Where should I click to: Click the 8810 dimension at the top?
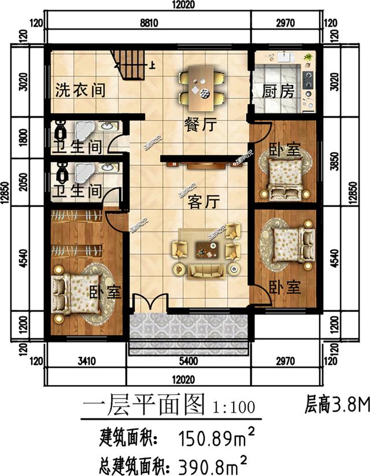(149, 23)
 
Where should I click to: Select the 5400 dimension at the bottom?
(188, 362)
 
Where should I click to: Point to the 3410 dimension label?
(85, 362)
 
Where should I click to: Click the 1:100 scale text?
(234, 407)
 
